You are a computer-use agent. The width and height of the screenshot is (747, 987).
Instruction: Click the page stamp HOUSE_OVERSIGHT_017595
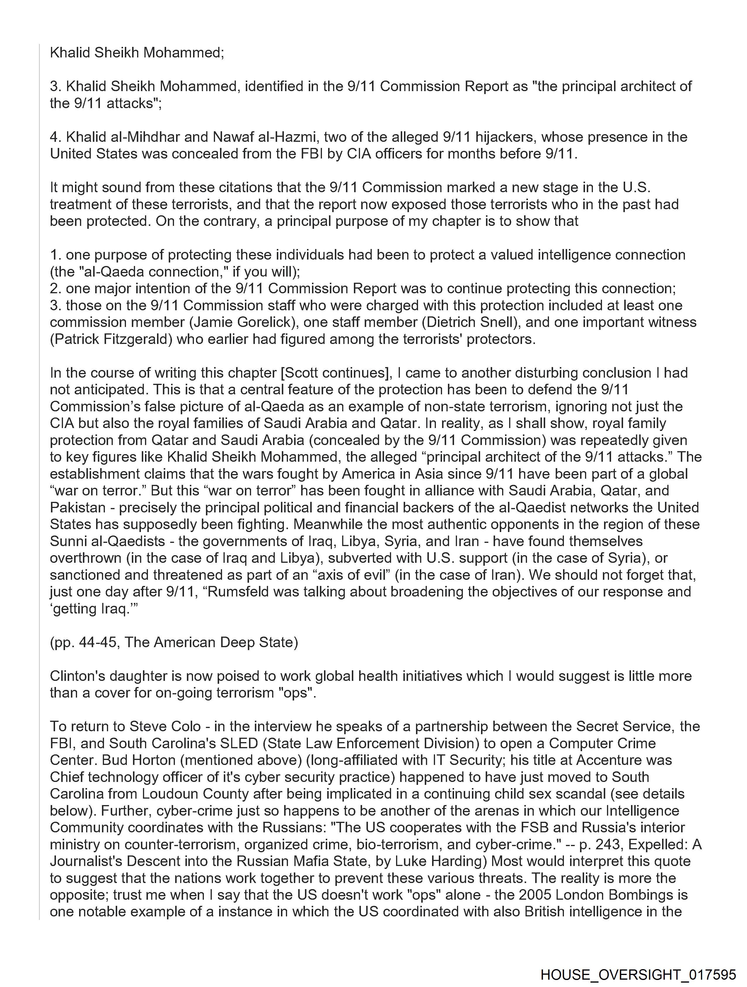[638, 974]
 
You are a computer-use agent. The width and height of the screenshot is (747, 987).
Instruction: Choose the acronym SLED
[241, 743]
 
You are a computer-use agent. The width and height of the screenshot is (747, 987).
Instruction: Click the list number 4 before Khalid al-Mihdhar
[54, 137]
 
